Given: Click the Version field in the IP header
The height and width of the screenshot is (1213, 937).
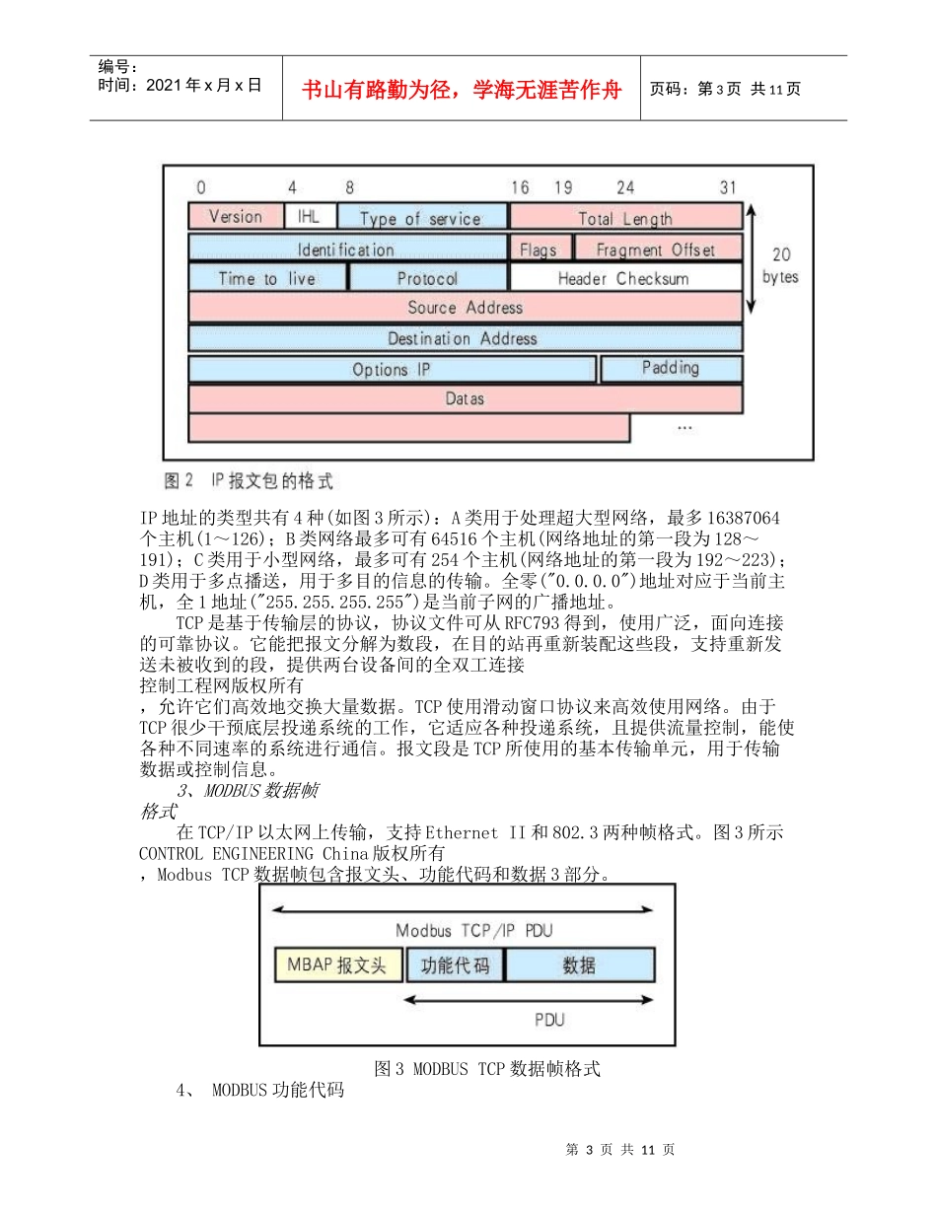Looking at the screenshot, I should [x=236, y=216].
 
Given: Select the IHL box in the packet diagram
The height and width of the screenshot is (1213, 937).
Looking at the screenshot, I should [x=309, y=216].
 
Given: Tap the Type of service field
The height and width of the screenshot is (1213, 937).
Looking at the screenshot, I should [x=421, y=218].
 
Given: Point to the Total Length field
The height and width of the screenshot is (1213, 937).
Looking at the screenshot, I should [x=625, y=218].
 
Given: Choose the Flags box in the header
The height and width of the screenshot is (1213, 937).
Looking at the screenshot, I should [x=539, y=249].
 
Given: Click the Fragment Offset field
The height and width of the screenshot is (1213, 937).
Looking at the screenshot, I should [x=656, y=249].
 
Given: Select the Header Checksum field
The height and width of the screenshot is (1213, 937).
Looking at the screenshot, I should [x=624, y=278].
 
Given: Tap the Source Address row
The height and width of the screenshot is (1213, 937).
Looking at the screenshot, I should [x=465, y=307].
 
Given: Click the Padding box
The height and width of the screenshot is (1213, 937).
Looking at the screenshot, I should [x=671, y=368].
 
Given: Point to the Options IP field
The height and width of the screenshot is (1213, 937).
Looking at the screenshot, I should [x=392, y=370].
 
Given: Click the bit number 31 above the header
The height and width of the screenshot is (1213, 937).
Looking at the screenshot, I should [x=728, y=187].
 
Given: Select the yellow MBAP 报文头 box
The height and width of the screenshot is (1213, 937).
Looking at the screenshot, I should [x=338, y=964].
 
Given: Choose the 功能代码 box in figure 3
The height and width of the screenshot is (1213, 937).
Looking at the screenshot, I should [x=455, y=964].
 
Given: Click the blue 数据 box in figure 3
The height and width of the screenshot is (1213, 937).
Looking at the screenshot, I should [x=579, y=964].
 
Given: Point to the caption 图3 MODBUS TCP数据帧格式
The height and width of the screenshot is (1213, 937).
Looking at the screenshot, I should [x=487, y=1069].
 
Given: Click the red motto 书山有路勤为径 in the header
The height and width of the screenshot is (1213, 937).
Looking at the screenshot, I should [x=463, y=90].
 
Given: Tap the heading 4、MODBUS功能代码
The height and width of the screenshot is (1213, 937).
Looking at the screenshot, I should [x=259, y=1091].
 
